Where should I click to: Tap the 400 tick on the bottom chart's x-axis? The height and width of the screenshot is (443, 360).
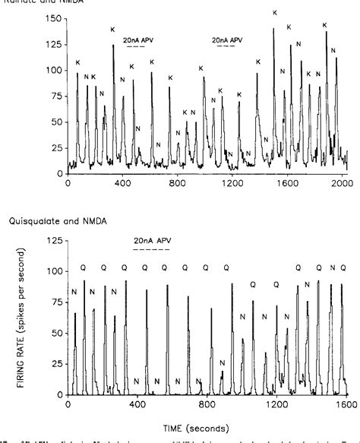coord(137,396)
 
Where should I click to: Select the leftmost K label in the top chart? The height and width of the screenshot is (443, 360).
coord(77,62)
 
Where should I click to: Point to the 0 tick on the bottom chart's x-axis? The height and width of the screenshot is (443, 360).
coord(68,396)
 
